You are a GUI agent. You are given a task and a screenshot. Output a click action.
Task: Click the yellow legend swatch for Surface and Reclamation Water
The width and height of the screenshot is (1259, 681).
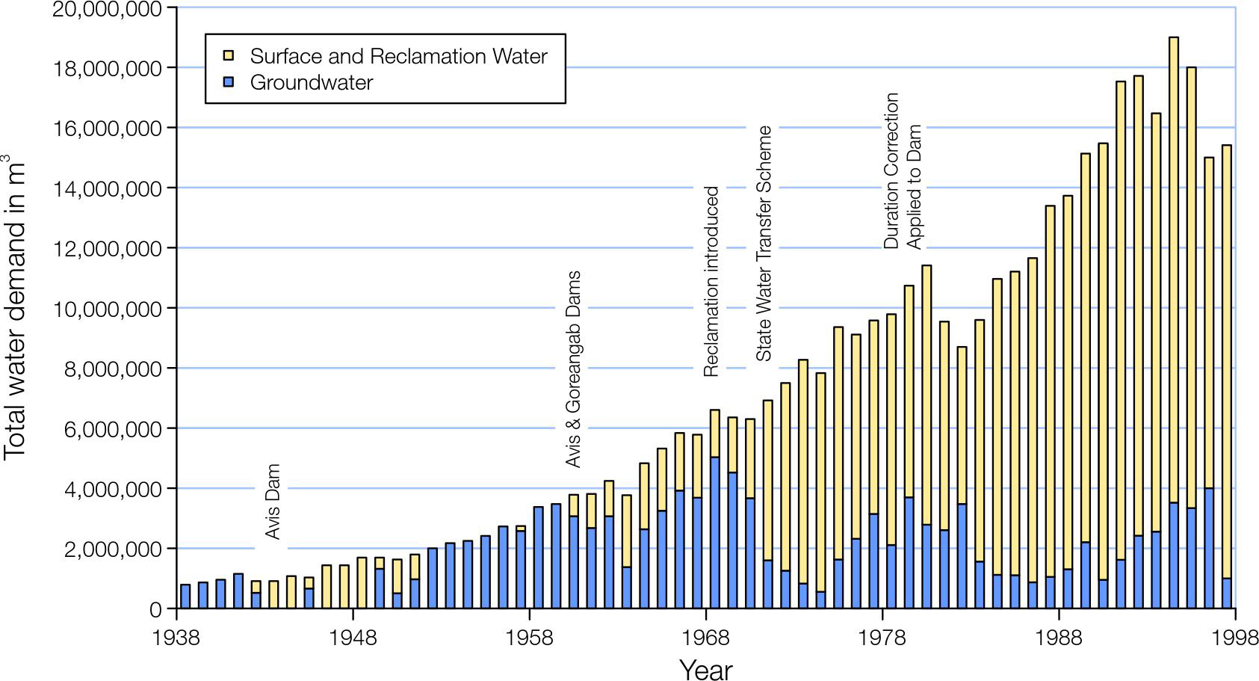click(229, 56)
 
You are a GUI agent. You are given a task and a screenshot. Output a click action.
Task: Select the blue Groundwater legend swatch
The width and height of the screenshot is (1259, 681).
click(229, 82)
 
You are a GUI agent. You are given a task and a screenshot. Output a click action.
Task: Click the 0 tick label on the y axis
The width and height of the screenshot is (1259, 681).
click(155, 610)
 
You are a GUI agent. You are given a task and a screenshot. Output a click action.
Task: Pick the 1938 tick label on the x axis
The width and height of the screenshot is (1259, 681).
click(177, 640)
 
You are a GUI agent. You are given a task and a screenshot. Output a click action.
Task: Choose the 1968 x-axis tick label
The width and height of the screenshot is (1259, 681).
click(706, 640)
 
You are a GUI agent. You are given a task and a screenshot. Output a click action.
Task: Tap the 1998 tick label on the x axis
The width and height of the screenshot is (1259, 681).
click(1234, 640)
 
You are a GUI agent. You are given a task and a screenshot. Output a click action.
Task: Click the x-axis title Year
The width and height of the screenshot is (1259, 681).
click(706, 669)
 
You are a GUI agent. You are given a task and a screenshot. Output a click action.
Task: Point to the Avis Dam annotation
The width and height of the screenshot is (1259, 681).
click(273, 502)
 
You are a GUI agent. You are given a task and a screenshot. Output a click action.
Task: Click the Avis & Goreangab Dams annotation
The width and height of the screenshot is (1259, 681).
click(573, 369)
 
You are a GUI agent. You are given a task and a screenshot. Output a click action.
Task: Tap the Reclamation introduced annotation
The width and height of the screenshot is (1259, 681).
click(711, 281)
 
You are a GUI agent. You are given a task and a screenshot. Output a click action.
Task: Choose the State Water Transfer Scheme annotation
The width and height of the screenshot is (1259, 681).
click(764, 243)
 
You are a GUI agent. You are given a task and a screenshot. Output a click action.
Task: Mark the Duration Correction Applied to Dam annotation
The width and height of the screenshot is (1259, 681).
click(903, 170)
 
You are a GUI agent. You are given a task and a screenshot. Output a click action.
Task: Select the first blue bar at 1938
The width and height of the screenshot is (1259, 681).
click(185, 597)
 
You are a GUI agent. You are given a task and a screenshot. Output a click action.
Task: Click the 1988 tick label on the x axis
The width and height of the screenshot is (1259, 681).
click(1059, 640)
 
